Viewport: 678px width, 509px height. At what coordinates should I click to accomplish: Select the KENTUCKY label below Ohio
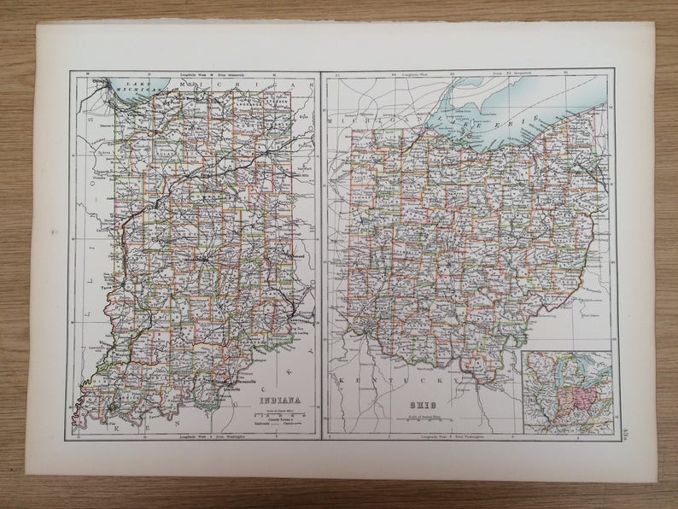[400, 375]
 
